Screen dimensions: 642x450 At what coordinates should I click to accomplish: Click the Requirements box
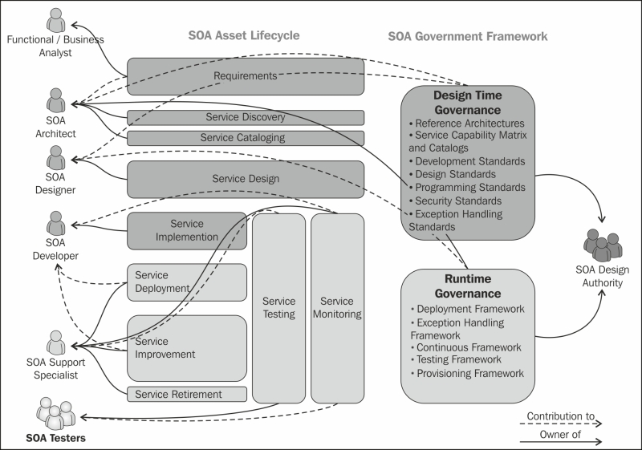[246, 76]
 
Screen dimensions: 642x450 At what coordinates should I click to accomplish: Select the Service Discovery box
[246, 117]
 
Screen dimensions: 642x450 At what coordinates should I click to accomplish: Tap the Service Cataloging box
[246, 138]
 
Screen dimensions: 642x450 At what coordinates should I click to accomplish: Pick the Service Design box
[246, 179]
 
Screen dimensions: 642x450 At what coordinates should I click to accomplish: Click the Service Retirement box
[187, 394]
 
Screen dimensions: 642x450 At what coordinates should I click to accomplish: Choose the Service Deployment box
[187, 282]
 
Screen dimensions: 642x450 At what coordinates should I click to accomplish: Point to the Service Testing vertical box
[278, 308]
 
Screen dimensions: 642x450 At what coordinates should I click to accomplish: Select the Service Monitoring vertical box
[337, 308]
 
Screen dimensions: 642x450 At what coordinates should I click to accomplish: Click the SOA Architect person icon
[55, 100]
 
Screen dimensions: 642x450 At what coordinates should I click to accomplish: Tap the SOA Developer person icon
[55, 223]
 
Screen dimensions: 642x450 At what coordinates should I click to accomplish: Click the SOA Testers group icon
[55, 413]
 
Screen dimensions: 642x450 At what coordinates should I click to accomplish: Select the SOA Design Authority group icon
[603, 245]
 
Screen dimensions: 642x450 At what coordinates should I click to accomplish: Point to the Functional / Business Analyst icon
[55, 20]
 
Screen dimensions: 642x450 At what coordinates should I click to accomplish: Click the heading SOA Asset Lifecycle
[244, 35]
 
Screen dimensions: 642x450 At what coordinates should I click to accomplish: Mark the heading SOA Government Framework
[468, 36]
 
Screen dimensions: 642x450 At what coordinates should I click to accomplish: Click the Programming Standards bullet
[467, 188]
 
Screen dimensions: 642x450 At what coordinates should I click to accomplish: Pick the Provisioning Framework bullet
[467, 374]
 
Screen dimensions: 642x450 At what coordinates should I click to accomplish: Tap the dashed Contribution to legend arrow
[561, 424]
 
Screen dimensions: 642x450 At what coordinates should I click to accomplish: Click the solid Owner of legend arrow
[561, 441]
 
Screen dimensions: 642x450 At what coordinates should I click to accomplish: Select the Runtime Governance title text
[468, 286]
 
